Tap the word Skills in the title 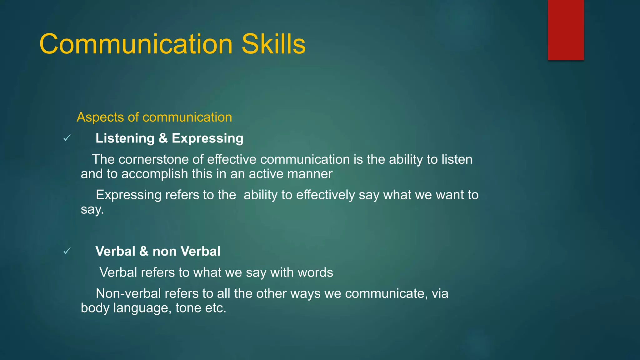[273, 44]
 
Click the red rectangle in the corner [566, 30]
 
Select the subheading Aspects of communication [154, 117]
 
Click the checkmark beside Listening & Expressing [67, 138]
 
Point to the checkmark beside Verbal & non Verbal [67, 251]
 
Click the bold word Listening [125, 138]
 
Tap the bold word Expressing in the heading [207, 138]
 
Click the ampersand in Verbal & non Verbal [144, 251]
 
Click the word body [95, 308]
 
